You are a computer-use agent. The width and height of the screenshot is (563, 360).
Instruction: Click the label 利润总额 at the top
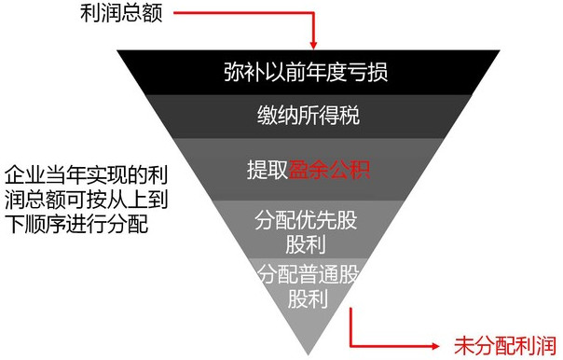(122, 14)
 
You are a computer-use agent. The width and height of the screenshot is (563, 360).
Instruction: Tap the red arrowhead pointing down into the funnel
(313, 45)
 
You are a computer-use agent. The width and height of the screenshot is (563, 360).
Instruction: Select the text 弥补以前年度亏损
(306, 72)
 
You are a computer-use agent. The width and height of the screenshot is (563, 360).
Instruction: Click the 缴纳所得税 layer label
(309, 116)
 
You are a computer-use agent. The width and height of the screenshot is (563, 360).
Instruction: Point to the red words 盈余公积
(329, 169)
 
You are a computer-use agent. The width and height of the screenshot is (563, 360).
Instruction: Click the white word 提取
(268, 169)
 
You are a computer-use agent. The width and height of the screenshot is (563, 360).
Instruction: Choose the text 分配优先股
(307, 220)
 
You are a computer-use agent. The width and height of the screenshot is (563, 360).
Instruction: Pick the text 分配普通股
(309, 274)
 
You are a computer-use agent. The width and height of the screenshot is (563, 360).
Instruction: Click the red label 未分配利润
(505, 346)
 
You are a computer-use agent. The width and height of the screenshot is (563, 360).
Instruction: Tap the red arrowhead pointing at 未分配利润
(435, 346)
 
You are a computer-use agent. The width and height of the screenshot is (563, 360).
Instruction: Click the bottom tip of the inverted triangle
(309, 355)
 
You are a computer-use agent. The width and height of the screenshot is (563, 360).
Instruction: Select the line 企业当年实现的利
(87, 174)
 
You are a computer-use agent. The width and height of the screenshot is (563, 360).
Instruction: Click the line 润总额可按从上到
(87, 200)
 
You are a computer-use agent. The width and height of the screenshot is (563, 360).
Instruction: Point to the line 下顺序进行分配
(76, 225)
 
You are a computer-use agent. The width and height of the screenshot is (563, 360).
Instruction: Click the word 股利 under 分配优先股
(306, 244)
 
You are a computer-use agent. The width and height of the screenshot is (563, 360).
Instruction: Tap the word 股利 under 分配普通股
(309, 298)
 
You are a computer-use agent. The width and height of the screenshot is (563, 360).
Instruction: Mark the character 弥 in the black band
(235, 72)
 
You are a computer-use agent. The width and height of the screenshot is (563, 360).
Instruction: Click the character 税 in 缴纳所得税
(350, 116)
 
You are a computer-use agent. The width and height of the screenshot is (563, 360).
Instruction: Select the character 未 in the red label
(464, 346)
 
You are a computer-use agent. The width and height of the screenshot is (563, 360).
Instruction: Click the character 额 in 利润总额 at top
(153, 14)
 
